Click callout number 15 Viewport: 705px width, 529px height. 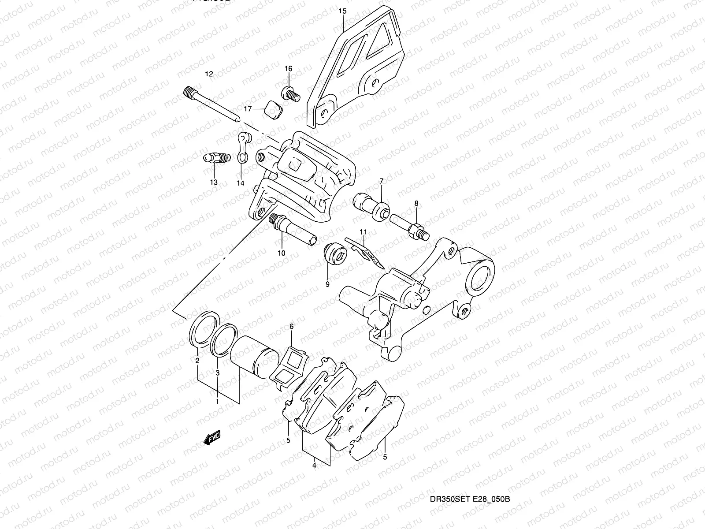pyautogui.click(x=343, y=11)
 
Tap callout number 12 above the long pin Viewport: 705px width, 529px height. pyautogui.click(x=208, y=74)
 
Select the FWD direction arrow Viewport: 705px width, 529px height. pyautogui.click(x=212, y=438)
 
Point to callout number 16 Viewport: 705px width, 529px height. pyautogui.click(x=288, y=69)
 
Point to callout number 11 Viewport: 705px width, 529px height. pyautogui.click(x=363, y=232)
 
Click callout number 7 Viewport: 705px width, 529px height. pyautogui.click(x=381, y=181)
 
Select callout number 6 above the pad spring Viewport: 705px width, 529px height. pyautogui.click(x=291, y=327)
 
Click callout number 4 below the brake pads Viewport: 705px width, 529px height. pyautogui.click(x=315, y=464)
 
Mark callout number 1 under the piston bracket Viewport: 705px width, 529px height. pyautogui.click(x=217, y=402)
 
